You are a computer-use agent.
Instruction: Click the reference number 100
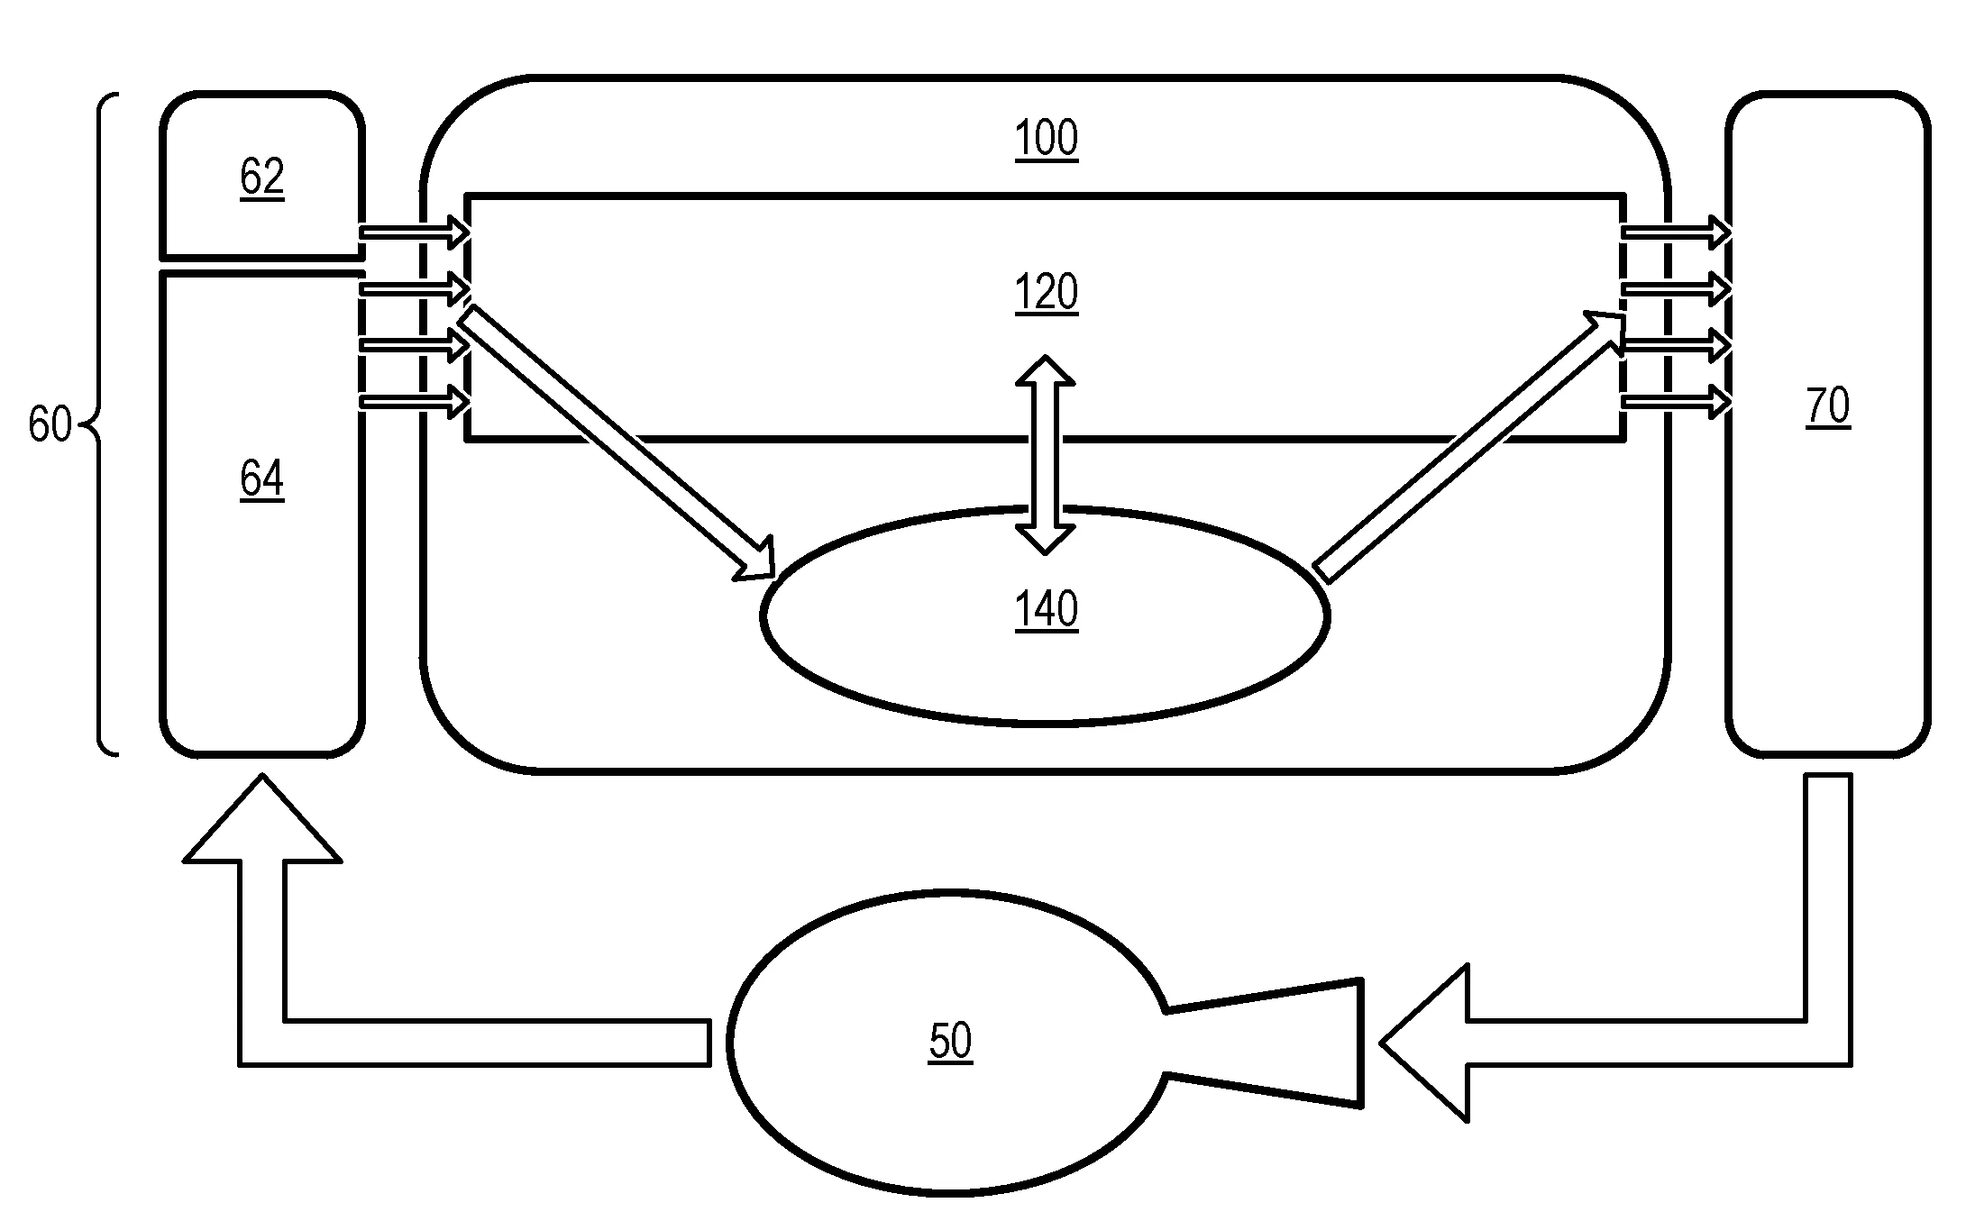[x=1046, y=140]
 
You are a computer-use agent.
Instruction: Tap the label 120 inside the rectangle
[x=1046, y=293]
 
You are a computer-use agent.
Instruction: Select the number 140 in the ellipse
[x=1046, y=610]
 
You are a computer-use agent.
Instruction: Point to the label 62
[x=261, y=177]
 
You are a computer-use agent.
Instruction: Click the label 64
[x=261, y=478]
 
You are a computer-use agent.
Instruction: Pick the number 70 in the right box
[x=1827, y=406]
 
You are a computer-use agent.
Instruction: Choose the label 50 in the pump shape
[x=950, y=1042]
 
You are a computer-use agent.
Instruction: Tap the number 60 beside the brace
[x=49, y=424]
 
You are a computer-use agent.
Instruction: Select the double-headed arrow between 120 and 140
[x=1046, y=454]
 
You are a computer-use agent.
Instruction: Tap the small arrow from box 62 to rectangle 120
[x=414, y=232]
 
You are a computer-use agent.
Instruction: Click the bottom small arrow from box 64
[x=414, y=401]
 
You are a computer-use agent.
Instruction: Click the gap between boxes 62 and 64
[x=261, y=263]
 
